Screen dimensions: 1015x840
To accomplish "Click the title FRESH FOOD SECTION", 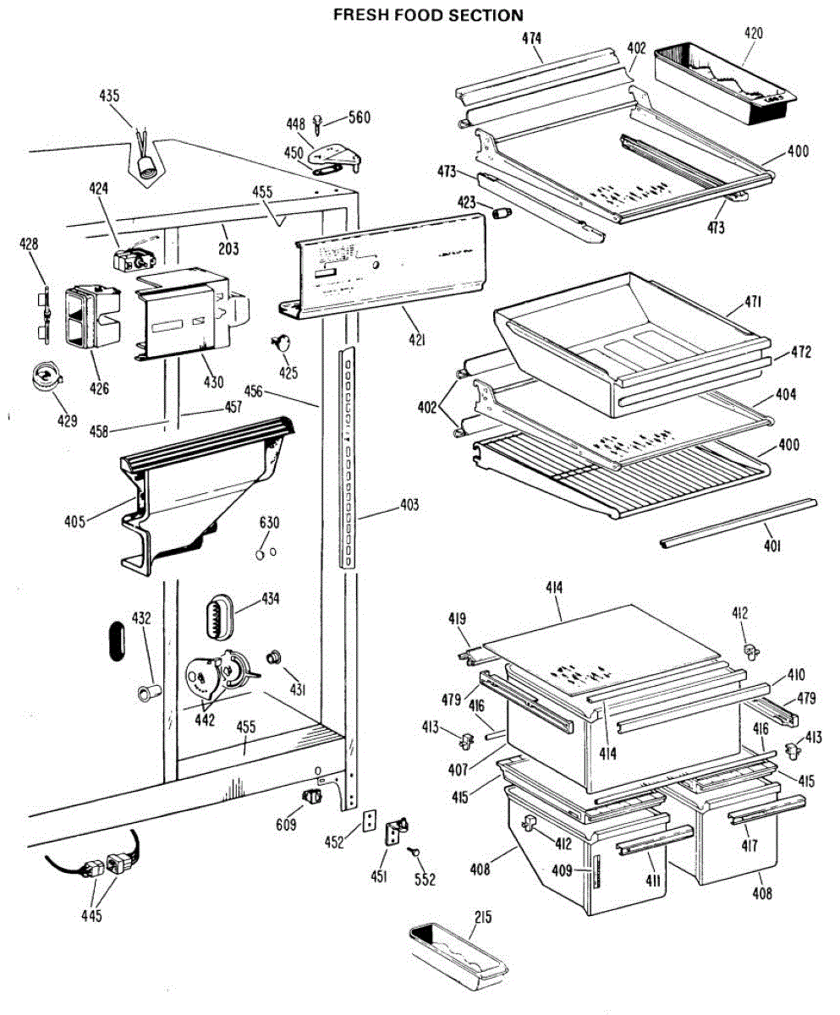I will (427, 15).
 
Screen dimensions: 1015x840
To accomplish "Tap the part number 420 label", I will (753, 34).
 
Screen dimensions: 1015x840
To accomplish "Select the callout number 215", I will (483, 919).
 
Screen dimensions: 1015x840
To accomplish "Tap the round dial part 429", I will (47, 377).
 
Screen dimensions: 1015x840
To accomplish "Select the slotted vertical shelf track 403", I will (347, 457).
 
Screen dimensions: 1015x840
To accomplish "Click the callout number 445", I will (91, 914).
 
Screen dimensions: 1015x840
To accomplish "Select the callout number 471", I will (753, 302).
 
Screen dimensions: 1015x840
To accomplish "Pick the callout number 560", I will (360, 118).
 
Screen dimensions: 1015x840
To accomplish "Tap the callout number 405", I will (74, 521).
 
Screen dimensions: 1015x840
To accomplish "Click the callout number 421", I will (415, 341).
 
